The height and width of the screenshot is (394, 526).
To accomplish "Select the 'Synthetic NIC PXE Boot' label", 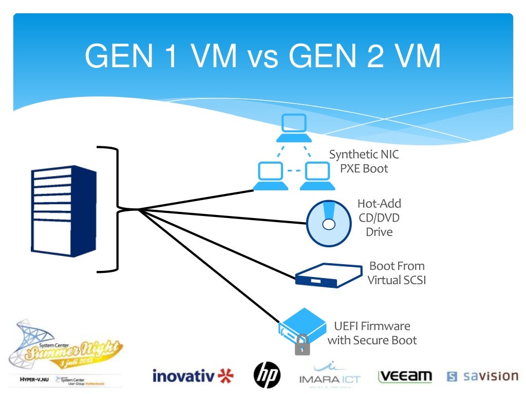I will click(364, 161).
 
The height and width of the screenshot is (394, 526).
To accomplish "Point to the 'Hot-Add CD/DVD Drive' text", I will click(379, 218).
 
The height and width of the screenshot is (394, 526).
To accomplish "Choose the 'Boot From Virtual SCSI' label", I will click(396, 273).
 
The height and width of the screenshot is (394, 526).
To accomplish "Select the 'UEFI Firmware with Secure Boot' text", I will click(372, 333).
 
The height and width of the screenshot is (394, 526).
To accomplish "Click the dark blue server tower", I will click(63, 211).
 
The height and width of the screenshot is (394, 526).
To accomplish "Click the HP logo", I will click(267, 375).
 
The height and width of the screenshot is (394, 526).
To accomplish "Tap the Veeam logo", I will click(405, 377).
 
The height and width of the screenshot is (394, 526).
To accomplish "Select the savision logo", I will click(482, 376).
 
